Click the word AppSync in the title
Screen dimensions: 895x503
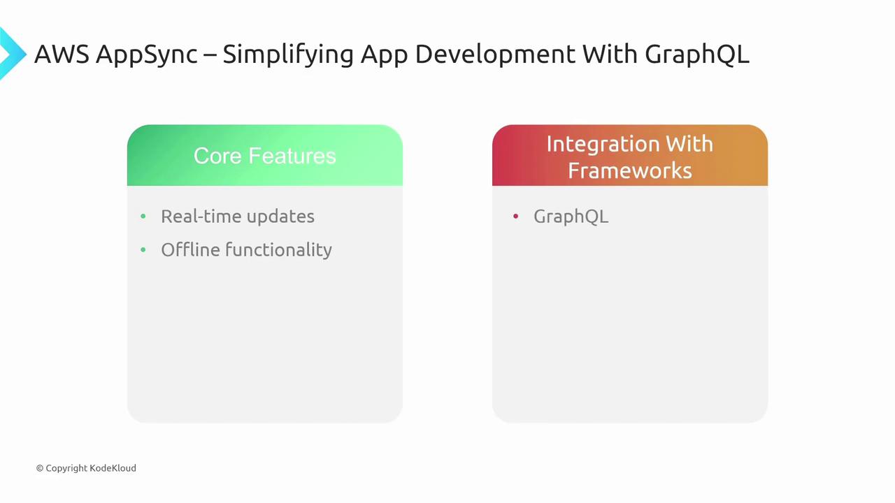pyautogui.click(x=147, y=54)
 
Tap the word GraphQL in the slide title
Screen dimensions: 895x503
pyautogui.click(x=697, y=54)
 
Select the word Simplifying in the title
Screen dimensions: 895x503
pyautogui.click(x=288, y=54)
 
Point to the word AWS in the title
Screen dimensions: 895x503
pyautogui.click(x=62, y=54)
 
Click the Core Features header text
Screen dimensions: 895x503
pyautogui.click(x=264, y=156)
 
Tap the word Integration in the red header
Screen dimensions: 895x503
pyautogui.click(x=604, y=144)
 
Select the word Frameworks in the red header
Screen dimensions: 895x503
pyautogui.click(x=630, y=171)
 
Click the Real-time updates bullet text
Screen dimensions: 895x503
pyautogui.click(x=238, y=217)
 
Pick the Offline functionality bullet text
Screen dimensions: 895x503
pyautogui.click(x=247, y=250)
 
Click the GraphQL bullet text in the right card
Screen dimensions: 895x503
pyautogui.click(x=571, y=217)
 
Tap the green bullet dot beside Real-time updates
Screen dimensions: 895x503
pyautogui.click(x=143, y=217)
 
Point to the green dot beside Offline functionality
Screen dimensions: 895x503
pyautogui.click(x=143, y=250)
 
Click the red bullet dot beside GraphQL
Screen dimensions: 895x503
pyautogui.click(x=515, y=217)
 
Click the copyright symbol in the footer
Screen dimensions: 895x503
pyautogui.click(x=40, y=468)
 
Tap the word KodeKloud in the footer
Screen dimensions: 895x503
pyautogui.click(x=113, y=468)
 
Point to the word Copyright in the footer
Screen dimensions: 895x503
pyautogui.click(x=66, y=468)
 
